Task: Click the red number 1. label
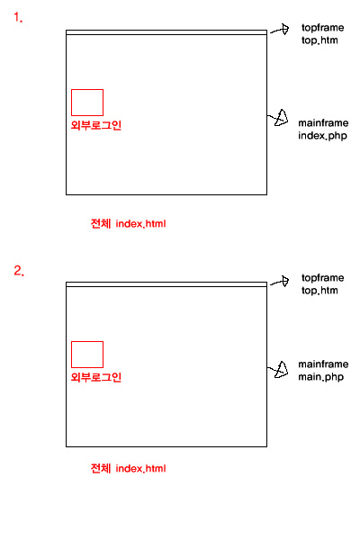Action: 18,17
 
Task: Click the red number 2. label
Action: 19,271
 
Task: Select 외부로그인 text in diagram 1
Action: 96,125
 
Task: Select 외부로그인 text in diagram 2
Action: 96,377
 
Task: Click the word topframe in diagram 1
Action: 322,28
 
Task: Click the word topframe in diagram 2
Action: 322,278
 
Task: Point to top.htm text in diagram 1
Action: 319,40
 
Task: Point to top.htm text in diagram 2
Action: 319,291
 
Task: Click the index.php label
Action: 322,136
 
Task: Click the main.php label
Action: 321,377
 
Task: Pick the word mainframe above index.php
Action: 323,123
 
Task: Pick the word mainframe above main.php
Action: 323,364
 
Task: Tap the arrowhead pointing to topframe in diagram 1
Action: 285,30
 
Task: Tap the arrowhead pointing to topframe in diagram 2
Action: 285,281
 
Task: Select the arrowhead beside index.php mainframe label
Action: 282,118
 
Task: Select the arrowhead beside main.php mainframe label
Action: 282,370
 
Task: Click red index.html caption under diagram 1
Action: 140,224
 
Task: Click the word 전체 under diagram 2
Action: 101,468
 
